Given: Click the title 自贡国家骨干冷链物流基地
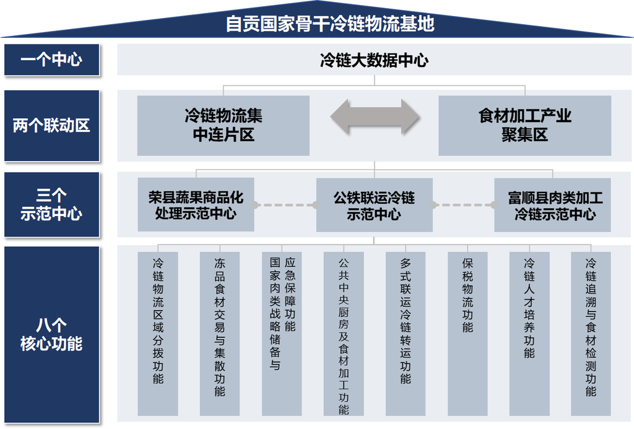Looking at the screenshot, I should (329, 24).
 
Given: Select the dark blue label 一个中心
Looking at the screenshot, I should (51, 60).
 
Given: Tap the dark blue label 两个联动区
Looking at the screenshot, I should (51, 126).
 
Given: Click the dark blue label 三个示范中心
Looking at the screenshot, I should (51, 205).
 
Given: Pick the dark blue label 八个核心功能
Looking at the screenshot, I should (51, 335).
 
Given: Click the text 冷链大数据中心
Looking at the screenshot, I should (374, 60).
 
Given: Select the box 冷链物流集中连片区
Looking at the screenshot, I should (223, 125).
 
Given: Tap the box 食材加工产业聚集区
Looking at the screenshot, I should (524, 125).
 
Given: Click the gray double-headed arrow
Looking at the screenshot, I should (374, 116).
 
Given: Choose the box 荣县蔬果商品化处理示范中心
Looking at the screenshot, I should (196, 205).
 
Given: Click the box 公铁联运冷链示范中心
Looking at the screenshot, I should (374, 205).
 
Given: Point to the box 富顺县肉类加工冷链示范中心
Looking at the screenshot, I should (552, 205).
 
